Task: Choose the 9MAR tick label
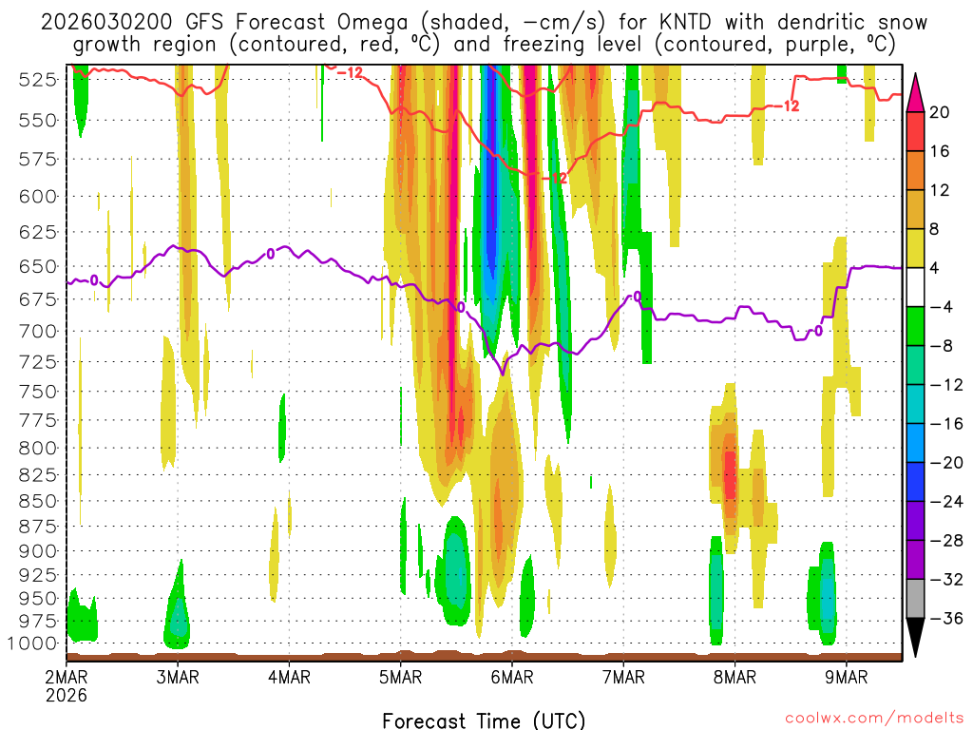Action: tap(847, 678)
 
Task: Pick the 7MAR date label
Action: tap(623, 678)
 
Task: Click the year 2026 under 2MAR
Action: tap(67, 695)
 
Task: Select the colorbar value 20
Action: tap(940, 112)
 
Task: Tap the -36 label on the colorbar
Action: tap(940, 619)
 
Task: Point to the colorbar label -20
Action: tap(940, 463)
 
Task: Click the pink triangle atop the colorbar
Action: tap(916, 92)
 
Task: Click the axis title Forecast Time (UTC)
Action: tap(484, 720)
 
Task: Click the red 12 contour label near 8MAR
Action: tap(791, 106)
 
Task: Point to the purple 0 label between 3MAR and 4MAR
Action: tap(270, 254)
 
